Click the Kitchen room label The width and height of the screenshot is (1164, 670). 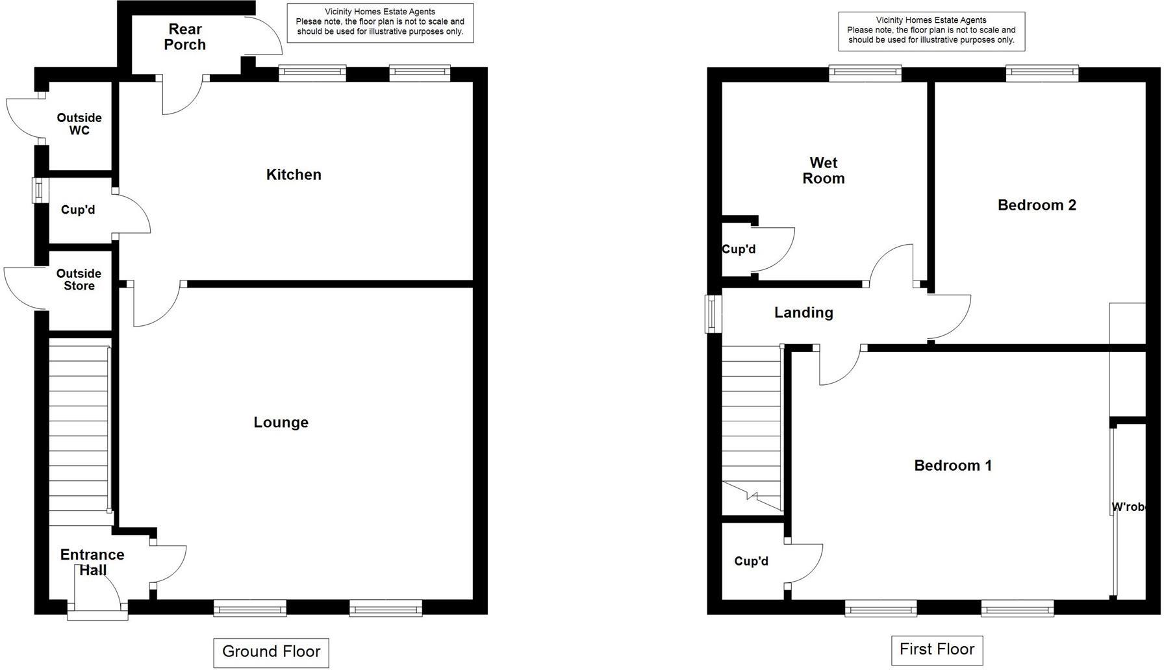(x=294, y=175)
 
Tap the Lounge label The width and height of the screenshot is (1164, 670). (x=281, y=423)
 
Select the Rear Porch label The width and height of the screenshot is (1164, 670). (x=185, y=37)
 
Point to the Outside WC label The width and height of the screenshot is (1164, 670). (x=79, y=124)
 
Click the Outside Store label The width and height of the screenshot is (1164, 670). (x=79, y=280)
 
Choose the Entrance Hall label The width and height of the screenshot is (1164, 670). (x=92, y=562)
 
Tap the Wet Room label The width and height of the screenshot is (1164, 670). (x=823, y=171)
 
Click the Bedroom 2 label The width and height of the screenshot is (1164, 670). (x=1037, y=205)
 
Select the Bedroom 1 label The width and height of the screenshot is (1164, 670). (x=952, y=465)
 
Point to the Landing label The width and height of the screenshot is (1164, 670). (x=803, y=313)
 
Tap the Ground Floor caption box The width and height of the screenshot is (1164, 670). (x=271, y=652)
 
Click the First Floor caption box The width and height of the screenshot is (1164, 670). (x=937, y=649)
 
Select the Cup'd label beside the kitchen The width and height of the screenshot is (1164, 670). (x=78, y=210)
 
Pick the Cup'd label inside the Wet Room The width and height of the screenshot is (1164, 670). (x=739, y=249)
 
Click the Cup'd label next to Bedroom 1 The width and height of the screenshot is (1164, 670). (x=751, y=562)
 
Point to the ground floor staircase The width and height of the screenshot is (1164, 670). (x=79, y=435)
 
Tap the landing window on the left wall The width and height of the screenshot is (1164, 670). (x=714, y=314)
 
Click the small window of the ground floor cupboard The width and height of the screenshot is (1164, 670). (x=40, y=190)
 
